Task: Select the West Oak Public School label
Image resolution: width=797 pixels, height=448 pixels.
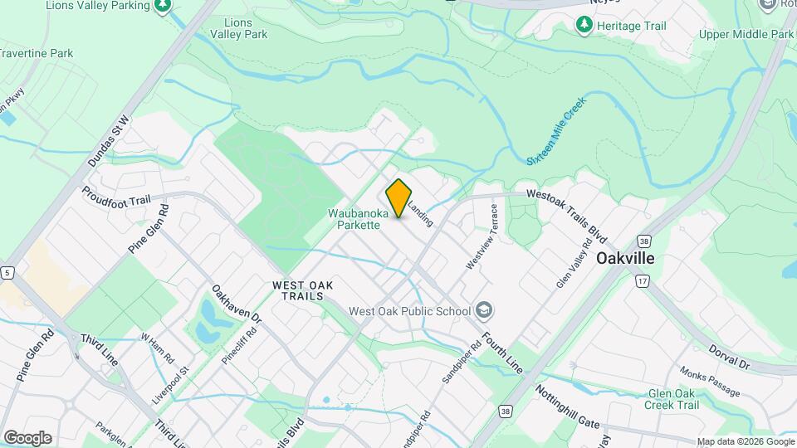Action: point(410,311)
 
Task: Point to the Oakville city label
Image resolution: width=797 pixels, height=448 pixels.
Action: point(625,258)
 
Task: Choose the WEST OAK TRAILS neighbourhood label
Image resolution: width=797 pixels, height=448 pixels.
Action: point(303,290)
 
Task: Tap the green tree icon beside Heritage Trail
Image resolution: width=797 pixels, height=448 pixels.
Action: point(584,26)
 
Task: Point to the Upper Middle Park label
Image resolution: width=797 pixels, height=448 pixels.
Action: point(746,35)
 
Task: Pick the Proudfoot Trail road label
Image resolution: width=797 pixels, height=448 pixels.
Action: point(115,199)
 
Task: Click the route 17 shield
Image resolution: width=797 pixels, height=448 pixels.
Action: point(642,281)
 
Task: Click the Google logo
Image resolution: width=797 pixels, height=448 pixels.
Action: point(27,438)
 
